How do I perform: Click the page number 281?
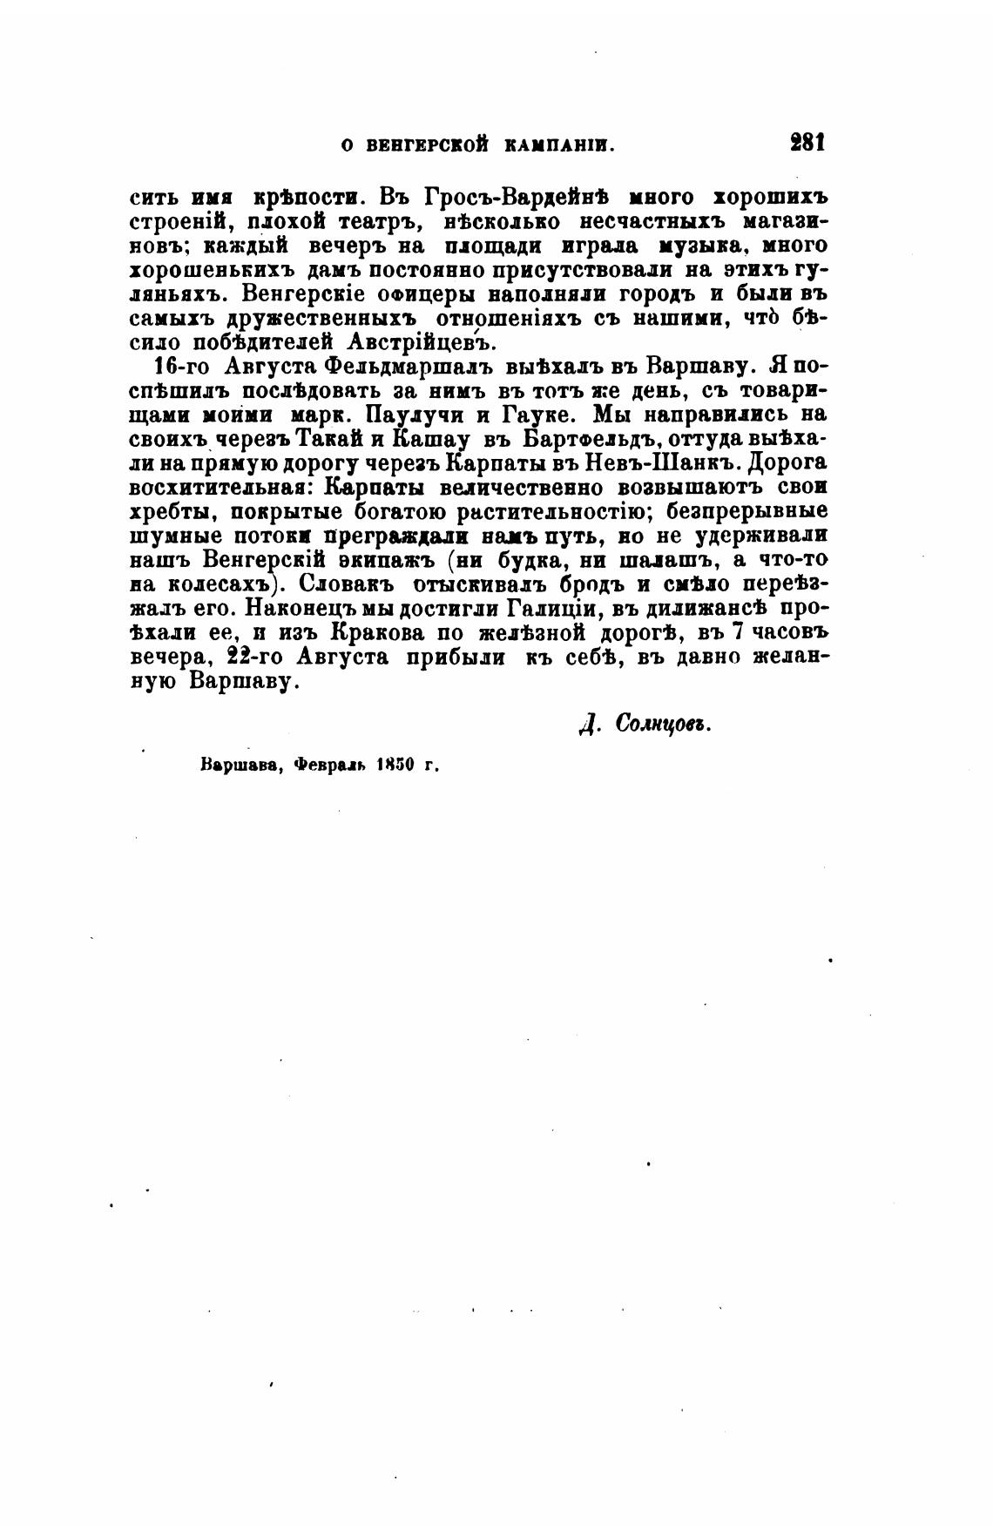[x=807, y=144]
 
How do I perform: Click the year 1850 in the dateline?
[x=394, y=767]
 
